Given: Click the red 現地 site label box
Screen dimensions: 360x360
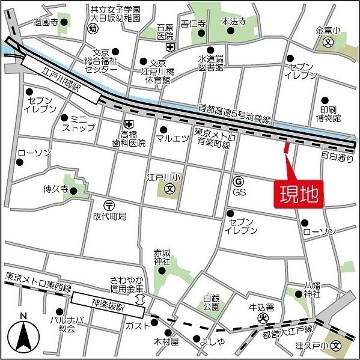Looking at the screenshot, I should (299, 195).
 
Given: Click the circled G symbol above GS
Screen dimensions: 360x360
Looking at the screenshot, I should (239, 180).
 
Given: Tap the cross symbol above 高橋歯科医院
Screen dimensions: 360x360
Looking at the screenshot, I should (127, 123).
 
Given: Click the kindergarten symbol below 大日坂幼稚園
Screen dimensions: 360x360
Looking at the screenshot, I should (92, 28).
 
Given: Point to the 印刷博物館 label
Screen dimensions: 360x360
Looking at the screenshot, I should (330, 113).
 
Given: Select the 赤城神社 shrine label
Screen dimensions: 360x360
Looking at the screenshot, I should (162, 257).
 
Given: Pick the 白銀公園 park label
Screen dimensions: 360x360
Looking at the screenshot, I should (212, 301).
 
